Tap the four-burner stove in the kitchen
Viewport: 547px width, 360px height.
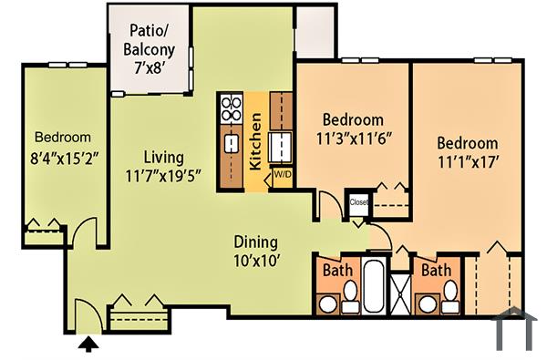[x=231, y=110]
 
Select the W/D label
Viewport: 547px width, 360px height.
[x=282, y=174]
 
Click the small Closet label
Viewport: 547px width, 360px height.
[x=358, y=201]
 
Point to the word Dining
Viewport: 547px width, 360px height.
[x=255, y=242]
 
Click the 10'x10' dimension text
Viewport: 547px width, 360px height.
[x=255, y=260]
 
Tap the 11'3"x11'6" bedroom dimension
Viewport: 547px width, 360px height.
[x=353, y=139]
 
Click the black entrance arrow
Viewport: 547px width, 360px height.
[x=88, y=344]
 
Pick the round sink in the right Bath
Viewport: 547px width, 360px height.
[x=425, y=303]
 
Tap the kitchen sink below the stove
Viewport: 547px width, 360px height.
[x=231, y=143]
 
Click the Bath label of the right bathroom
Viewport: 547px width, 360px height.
[x=435, y=271]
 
